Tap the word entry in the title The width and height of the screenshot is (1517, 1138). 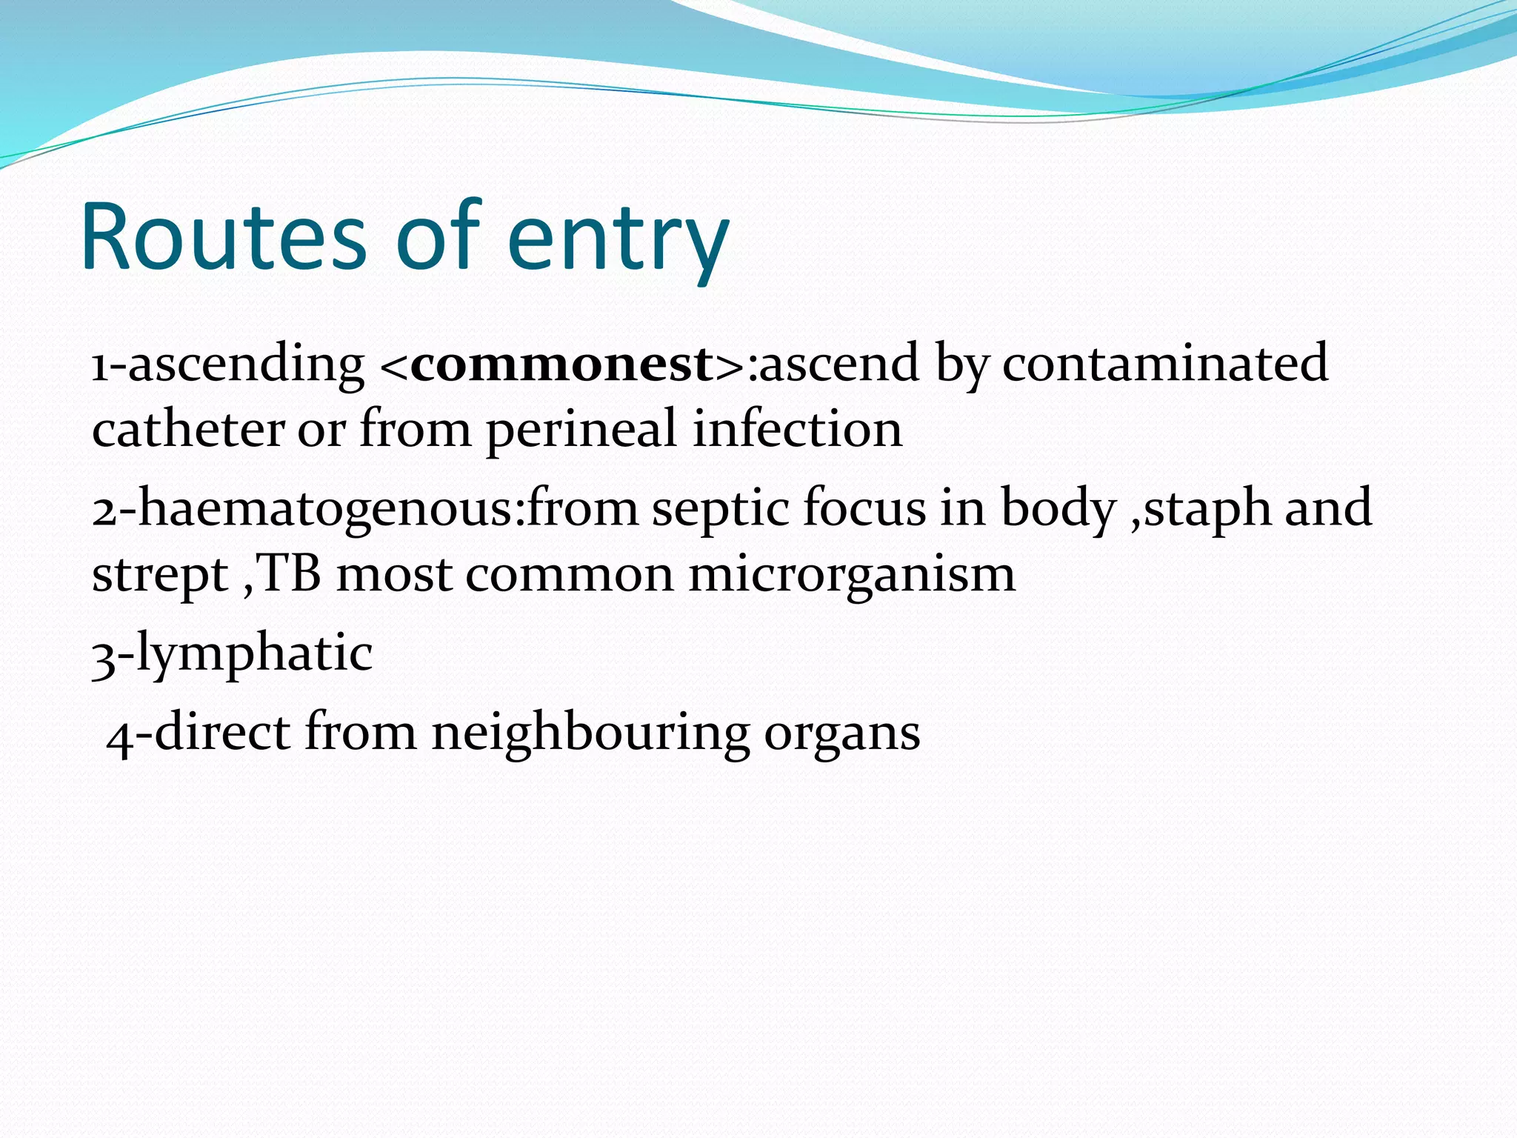coord(619,241)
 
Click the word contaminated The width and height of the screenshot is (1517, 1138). coord(1164,363)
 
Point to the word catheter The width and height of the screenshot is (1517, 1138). coord(188,430)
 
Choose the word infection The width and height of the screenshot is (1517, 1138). coord(797,430)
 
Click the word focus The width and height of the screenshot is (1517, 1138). coord(864,508)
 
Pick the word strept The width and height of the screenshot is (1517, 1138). coord(160,576)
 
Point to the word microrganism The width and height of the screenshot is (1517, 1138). coord(852,576)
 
